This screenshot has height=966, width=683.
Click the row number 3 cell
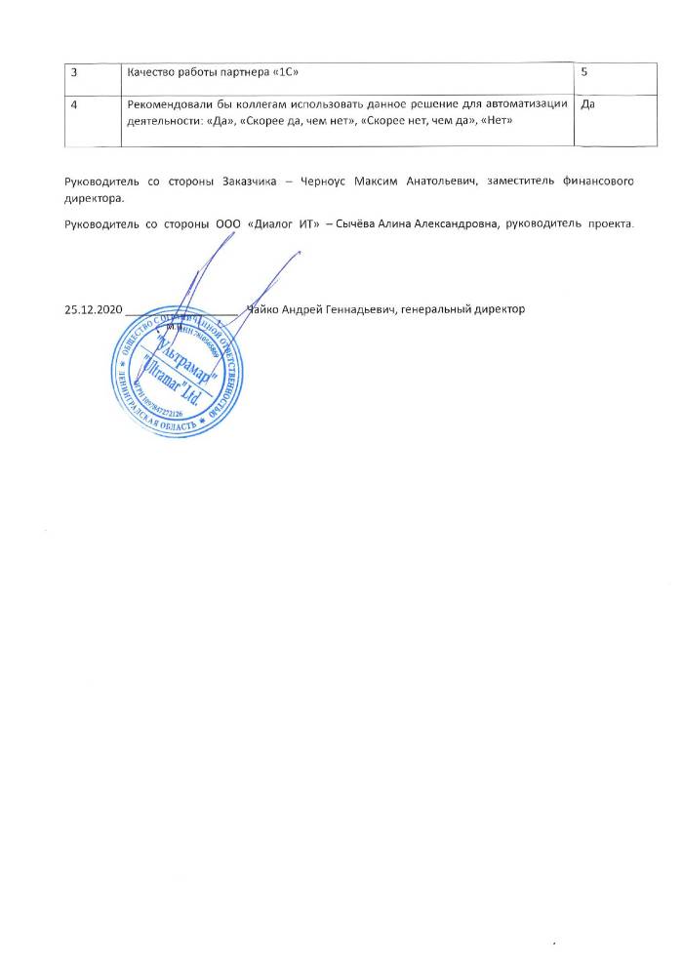pyautogui.click(x=71, y=73)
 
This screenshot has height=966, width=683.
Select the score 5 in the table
pyautogui.click(x=583, y=73)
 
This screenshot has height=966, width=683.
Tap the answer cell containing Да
pyautogui.click(x=587, y=104)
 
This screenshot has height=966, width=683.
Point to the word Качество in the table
pyautogui.click(x=154, y=73)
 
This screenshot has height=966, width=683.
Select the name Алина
pyautogui.click(x=407, y=223)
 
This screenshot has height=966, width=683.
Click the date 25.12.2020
pyautogui.click(x=92, y=309)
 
